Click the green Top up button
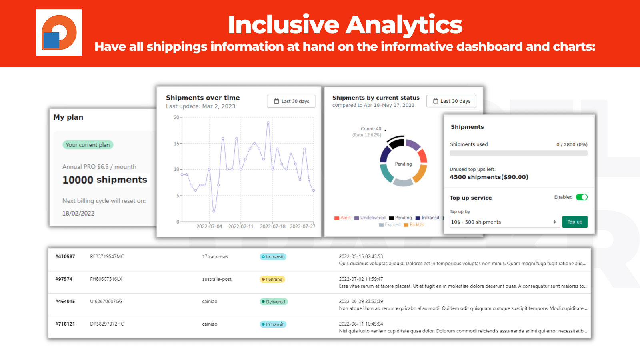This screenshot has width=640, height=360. [x=574, y=222]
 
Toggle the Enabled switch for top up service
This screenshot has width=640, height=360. [x=582, y=197]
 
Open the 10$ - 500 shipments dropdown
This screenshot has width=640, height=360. [x=504, y=222]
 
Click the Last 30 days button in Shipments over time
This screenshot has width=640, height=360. [x=291, y=101]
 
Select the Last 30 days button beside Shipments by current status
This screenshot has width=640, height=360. [x=451, y=101]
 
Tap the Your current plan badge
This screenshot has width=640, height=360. [x=88, y=145]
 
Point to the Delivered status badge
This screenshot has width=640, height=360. [x=274, y=302]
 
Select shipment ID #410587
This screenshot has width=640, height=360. [x=65, y=256]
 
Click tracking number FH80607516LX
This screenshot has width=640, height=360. [x=106, y=279]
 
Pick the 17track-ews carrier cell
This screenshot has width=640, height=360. [x=215, y=256]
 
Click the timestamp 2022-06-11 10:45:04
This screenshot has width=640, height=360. [x=361, y=324]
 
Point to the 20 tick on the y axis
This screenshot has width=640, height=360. [x=176, y=118]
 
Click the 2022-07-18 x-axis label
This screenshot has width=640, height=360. [x=272, y=226]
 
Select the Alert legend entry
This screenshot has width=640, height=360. [x=343, y=218]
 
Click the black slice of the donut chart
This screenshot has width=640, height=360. [x=396, y=142]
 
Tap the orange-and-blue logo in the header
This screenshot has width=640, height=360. [x=59, y=32]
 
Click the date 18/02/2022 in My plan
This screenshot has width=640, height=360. [x=78, y=213]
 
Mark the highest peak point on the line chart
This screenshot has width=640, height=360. [x=268, y=122]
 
